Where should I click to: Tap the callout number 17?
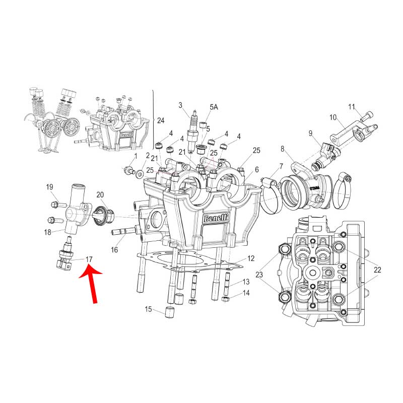pyautogui.click(x=89, y=259)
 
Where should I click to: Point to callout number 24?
pyautogui.click(x=161, y=120)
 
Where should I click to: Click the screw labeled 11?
pyautogui.click(x=367, y=116)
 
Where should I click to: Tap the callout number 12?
pyautogui.click(x=251, y=258)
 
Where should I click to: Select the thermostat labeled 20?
pyautogui.click(x=104, y=216)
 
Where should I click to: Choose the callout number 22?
pyautogui.click(x=377, y=270)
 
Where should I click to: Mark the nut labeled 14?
pyautogui.click(x=225, y=298)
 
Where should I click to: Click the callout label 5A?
pyautogui.click(x=214, y=107)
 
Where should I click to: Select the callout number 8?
pyautogui.click(x=283, y=149)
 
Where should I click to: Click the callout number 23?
pyautogui.click(x=259, y=275)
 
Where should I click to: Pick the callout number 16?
pyautogui.click(x=114, y=249)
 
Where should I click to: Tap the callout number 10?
pyautogui.click(x=333, y=117)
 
